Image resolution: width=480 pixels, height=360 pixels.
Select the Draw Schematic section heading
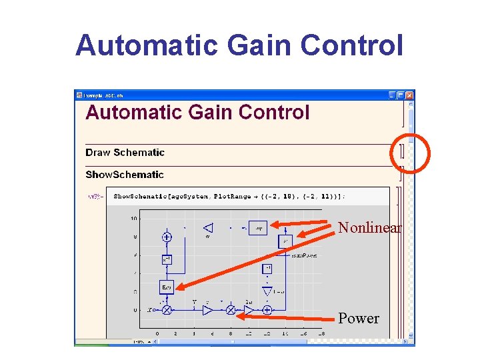(125, 153)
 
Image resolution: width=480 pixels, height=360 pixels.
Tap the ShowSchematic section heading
(124, 175)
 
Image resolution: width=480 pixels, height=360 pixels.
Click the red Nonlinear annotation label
(370, 228)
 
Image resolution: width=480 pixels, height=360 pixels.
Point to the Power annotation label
(359, 319)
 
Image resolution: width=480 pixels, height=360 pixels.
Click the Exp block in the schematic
(167, 287)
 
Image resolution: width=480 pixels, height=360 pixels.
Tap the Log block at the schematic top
(258, 227)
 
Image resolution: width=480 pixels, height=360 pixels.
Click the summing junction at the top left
(167, 237)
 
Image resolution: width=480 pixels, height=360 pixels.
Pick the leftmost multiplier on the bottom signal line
(167, 310)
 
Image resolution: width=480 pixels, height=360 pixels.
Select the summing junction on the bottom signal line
(267, 310)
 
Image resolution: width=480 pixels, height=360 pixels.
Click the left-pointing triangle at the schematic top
(207, 228)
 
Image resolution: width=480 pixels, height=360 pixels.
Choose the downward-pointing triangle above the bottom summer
(267, 291)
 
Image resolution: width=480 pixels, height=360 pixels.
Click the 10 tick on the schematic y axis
(134, 219)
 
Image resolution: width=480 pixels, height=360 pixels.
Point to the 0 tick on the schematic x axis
(157, 333)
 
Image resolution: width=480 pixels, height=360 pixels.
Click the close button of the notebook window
(410, 95)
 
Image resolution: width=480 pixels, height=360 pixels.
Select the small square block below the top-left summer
(167, 259)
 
